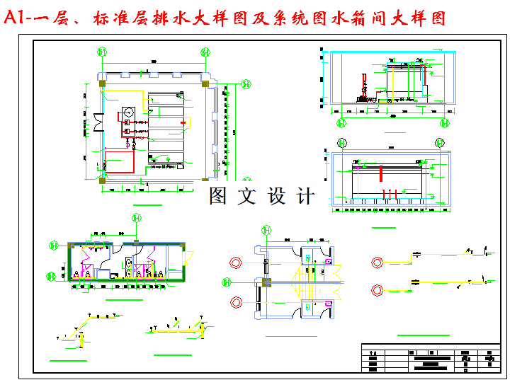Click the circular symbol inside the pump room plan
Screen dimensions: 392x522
click(x=128, y=112)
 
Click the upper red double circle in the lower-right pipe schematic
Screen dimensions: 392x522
click(x=378, y=262)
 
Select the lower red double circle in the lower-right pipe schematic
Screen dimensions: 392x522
click(x=378, y=289)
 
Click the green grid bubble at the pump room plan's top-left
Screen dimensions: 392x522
click(x=103, y=52)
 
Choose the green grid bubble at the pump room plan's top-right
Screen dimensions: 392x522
click(x=205, y=52)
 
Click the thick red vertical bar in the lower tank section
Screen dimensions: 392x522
click(x=381, y=173)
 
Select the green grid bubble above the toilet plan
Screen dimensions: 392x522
click(x=137, y=219)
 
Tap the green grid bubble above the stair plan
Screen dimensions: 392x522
click(x=267, y=229)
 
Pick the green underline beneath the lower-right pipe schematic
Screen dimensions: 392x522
click(x=423, y=335)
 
